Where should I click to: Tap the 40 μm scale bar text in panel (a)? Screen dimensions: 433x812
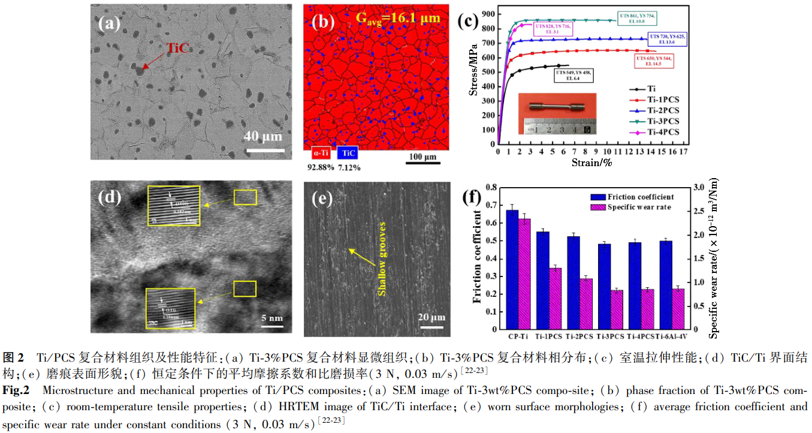click(x=262, y=135)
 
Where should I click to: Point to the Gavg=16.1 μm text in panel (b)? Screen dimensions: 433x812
click(x=398, y=18)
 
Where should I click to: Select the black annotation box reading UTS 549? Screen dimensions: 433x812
click(x=573, y=75)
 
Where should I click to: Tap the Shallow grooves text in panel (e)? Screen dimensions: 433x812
click(x=381, y=258)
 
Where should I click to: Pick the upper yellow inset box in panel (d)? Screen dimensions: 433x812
click(x=175, y=206)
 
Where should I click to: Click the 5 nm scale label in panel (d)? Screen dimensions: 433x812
click(x=273, y=317)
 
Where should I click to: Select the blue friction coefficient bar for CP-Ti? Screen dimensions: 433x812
click(x=512, y=269)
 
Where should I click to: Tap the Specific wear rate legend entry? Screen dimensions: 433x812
click(x=638, y=208)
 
